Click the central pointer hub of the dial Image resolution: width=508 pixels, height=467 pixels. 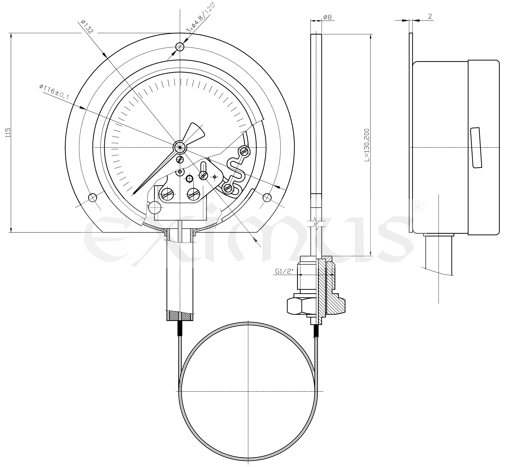[180, 147]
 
